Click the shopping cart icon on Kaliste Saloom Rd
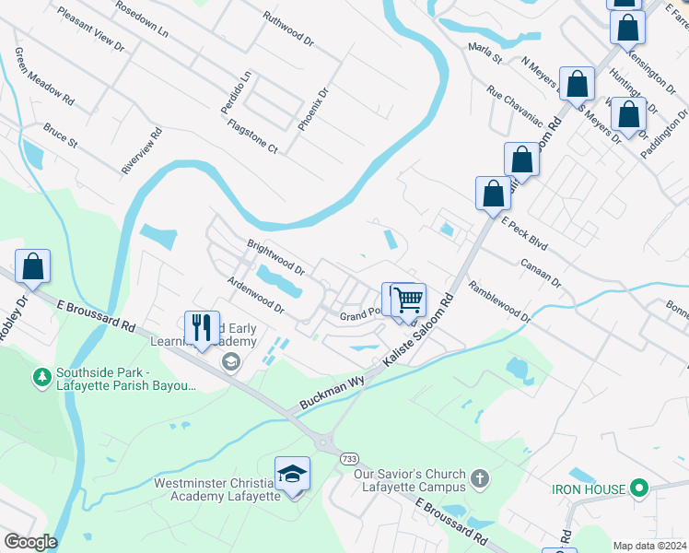408,300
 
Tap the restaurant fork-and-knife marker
201,327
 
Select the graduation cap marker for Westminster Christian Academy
292,474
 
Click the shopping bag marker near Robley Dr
32,266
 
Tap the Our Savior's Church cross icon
478,478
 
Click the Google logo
29,542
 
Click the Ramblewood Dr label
499,301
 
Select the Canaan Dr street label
541,272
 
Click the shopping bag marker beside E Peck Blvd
493,194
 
